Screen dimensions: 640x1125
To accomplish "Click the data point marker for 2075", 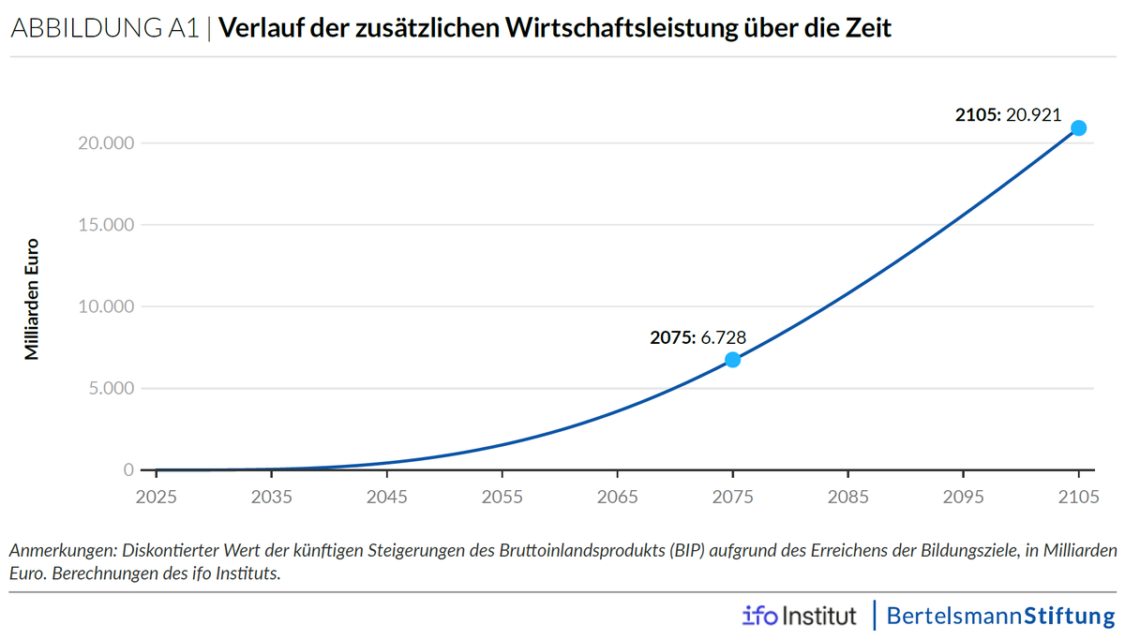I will [x=732, y=360].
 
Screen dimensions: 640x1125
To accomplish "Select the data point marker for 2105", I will [x=1078, y=127].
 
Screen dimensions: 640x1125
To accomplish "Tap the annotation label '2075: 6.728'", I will [x=697, y=337].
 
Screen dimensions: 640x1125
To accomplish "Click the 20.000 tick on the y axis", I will [x=106, y=143].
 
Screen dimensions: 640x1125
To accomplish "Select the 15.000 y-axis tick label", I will [x=106, y=225].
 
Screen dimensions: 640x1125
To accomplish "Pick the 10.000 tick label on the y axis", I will [x=106, y=306].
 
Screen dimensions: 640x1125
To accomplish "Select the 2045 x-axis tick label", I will [x=386, y=497].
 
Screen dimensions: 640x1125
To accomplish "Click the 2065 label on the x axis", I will [x=617, y=497].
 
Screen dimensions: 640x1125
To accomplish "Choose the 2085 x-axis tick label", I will [x=847, y=497].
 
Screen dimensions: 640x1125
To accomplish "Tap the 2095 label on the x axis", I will [x=963, y=497].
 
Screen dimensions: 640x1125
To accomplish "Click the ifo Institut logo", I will [x=799, y=616].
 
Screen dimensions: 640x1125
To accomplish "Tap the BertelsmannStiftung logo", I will [x=1000, y=616].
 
